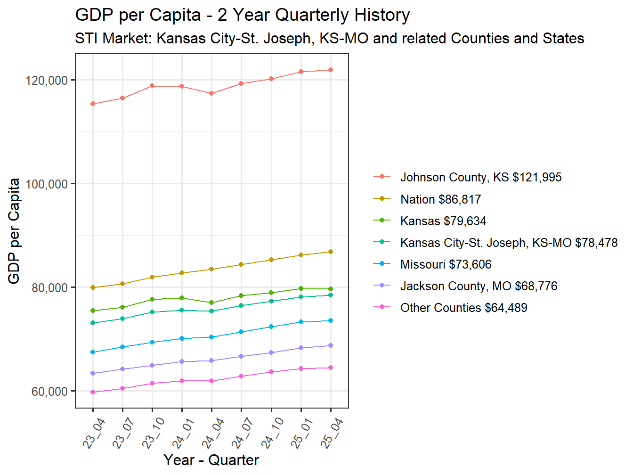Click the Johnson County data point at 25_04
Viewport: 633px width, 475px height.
click(331, 70)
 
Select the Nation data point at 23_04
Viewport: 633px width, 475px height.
click(93, 287)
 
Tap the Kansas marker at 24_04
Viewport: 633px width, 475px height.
click(211, 303)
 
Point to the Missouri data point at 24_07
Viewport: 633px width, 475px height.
click(242, 332)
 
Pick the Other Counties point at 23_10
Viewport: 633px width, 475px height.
click(152, 383)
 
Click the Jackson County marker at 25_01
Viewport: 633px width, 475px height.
click(301, 348)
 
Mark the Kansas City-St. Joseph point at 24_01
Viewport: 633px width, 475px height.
click(182, 310)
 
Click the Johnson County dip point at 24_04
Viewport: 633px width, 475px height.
click(211, 93)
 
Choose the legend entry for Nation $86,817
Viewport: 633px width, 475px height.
click(440, 199)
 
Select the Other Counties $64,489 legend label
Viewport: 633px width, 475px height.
click(463, 308)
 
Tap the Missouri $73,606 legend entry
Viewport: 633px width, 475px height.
click(446, 264)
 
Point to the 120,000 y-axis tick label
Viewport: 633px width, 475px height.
click(47, 81)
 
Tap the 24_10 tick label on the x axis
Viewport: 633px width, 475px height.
click(272, 433)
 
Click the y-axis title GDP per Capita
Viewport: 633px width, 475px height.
click(14, 231)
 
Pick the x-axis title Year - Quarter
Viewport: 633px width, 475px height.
click(211, 460)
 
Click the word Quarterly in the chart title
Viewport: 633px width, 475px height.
click(312, 15)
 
